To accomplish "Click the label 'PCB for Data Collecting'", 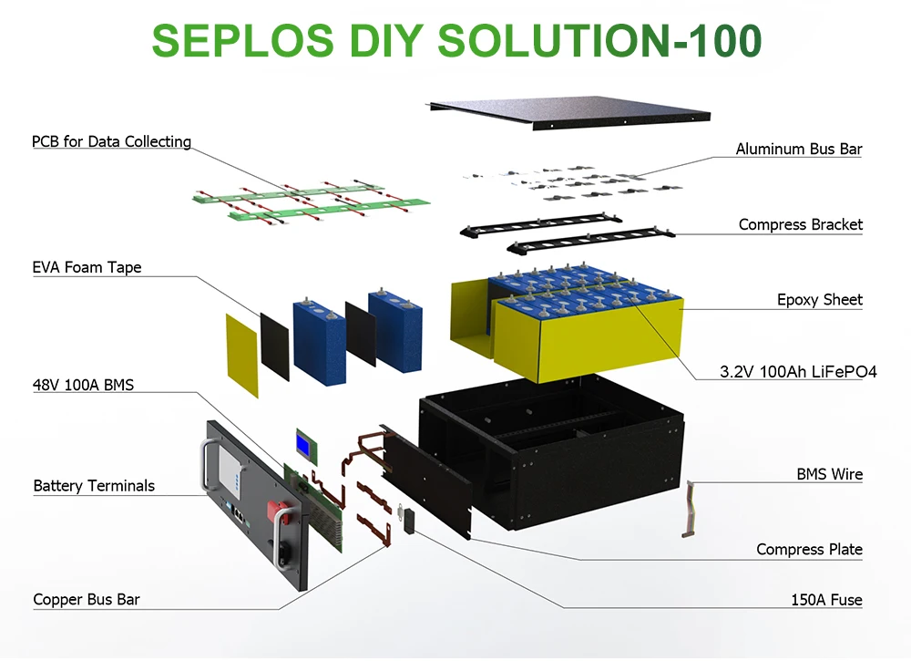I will [111, 141].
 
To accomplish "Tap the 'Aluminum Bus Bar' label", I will [799, 149].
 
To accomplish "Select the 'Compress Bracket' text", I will [800, 224].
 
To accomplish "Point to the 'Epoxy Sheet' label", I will [819, 299].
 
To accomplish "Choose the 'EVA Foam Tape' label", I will [87, 268].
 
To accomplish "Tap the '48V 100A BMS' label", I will [83, 385].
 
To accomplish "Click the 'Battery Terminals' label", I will [94, 486].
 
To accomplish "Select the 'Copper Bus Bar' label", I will [87, 600].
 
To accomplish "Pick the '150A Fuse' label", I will [825, 600].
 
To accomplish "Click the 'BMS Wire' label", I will [829, 474].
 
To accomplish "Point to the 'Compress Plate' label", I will [809, 549].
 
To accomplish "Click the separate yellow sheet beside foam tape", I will [241, 356].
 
